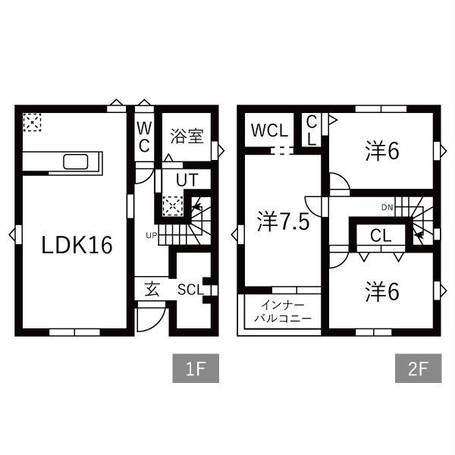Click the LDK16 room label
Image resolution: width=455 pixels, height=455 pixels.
(77, 245)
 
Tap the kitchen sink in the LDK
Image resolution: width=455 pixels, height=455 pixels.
(76, 162)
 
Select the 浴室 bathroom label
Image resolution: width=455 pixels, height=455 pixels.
(187, 136)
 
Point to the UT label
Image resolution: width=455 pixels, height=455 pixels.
(187, 180)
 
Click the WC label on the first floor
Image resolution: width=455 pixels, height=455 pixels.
(144, 137)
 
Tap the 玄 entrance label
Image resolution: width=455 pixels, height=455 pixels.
(152, 289)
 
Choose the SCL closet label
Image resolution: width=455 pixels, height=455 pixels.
(190, 290)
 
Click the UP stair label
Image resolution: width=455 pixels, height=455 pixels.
(151, 236)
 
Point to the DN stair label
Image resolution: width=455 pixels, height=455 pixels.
(387, 207)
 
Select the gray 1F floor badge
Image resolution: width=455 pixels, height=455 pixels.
(196, 369)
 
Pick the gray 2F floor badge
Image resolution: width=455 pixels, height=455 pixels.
(418, 369)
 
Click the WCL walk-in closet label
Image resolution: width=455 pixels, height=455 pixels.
(269, 130)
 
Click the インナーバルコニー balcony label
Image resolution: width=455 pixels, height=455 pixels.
(283, 312)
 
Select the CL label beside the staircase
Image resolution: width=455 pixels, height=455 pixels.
(381, 236)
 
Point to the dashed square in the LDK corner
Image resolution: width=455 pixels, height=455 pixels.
(32, 122)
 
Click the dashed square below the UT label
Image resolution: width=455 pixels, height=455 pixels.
(173, 206)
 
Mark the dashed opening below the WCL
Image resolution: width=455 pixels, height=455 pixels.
(281, 151)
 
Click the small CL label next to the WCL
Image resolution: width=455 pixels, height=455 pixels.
(312, 130)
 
